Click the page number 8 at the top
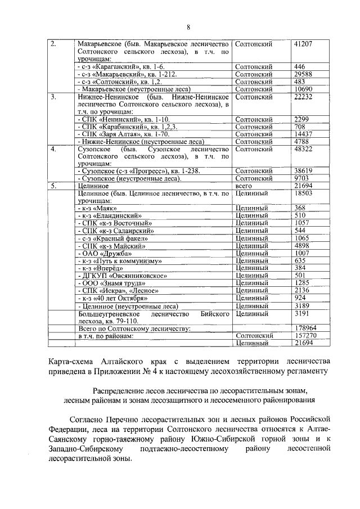point(188,27)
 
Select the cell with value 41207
point(303,44)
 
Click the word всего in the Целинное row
point(242,186)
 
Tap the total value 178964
point(305,327)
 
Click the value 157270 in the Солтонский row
point(305,335)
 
